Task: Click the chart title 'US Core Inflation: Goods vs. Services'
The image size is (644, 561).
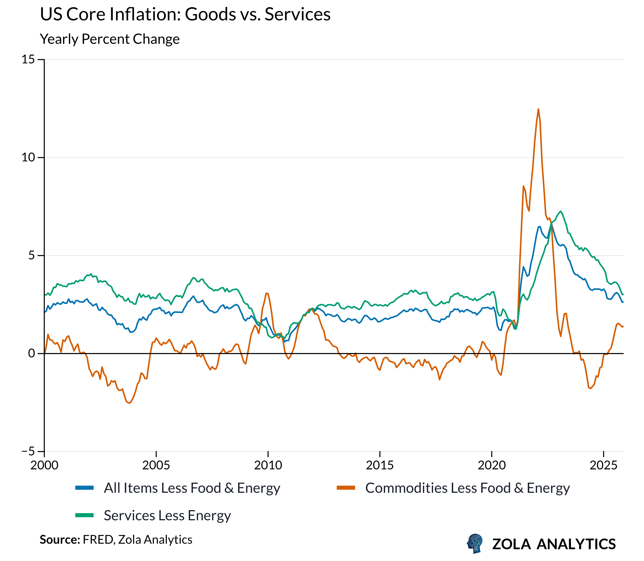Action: pos(185,15)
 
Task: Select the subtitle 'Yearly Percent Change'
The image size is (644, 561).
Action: pos(110,39)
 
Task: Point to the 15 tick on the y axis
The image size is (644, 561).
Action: pos(28,59)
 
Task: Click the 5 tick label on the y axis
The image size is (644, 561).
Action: pos(32,256)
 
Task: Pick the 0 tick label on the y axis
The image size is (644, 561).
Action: pos(32,354)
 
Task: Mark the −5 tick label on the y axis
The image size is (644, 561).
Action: pos(28,452)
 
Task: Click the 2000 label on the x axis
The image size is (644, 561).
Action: pos(45,465)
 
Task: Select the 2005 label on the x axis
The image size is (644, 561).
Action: pos(156,465)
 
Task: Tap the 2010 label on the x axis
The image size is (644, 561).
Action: pos(268,465)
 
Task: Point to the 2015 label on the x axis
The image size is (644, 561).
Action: pos(380,465)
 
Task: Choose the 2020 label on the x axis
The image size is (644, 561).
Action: pos(492,465)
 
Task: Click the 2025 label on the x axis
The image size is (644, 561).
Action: pos(603,465)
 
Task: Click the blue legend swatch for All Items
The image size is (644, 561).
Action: pos(84,488)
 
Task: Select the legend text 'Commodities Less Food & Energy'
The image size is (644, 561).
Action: pos(467,488)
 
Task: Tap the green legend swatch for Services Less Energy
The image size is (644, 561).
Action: pos(84,515)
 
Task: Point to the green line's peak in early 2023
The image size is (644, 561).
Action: pos(561,211)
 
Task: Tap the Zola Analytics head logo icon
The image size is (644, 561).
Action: pos(475,543)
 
